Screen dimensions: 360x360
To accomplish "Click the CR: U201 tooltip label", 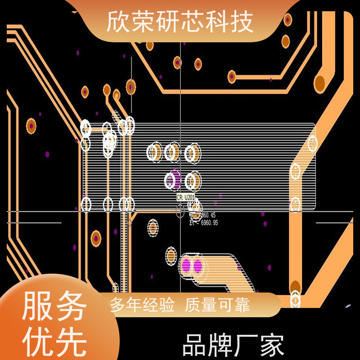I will coord(185,198).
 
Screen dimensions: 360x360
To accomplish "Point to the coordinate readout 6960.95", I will coord(205,222).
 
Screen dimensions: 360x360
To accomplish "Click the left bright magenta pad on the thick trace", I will coord(185,265).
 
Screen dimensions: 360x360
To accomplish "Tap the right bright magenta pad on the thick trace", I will coord(197,265).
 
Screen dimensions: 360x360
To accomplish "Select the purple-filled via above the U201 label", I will coord(174,179).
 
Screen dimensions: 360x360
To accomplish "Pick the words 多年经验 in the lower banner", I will coord(143,306).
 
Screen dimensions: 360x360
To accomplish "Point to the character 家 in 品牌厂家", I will coord(272,346).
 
